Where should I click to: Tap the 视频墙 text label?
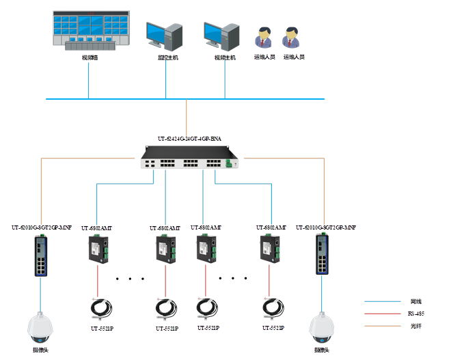[90, 58]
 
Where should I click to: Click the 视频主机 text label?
[225, 58]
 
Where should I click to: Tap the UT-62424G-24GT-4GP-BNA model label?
[189, 138]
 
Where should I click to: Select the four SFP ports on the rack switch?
[148, 163]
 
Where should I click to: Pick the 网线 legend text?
[415, 301]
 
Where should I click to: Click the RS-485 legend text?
[415, 313]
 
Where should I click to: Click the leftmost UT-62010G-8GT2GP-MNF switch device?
[42, 254]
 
